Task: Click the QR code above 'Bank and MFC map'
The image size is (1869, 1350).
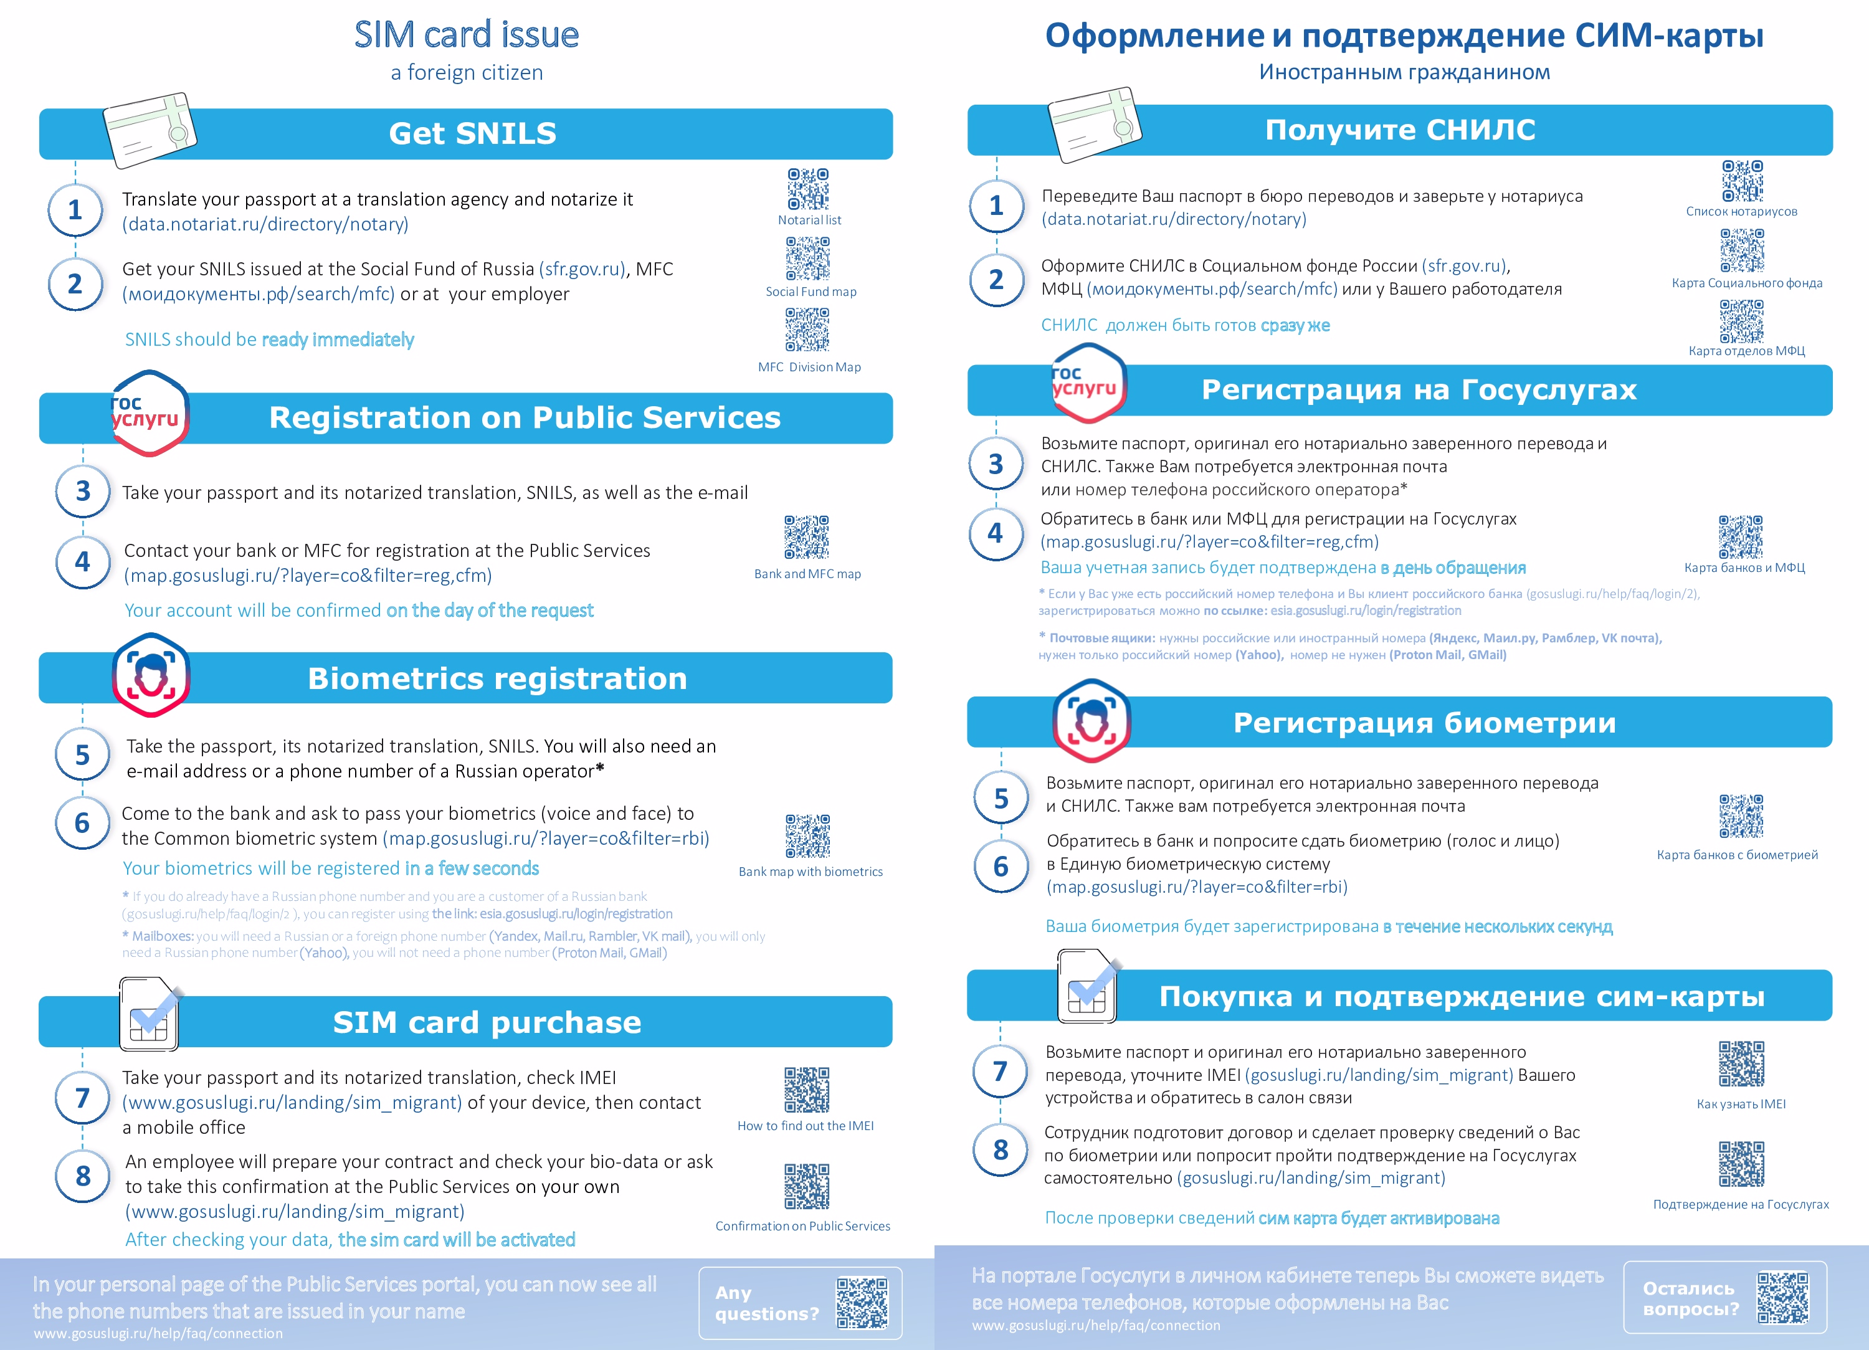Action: pyautogui.click(x=807, y=538)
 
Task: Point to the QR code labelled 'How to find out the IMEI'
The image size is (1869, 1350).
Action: pyautogui.click(x=807, y=1090)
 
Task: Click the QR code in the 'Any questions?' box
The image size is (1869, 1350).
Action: pyautogui.click(x=862, y=1303)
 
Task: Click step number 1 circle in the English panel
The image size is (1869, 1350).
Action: pyautogui.click(x=75, y=210)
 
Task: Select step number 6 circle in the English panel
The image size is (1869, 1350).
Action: pyautogui.click(x=82, y=822)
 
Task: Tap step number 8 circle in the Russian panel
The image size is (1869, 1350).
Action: pyautogui.click(x=1001, y=1150)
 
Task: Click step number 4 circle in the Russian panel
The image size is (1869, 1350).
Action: pyautogui.click(x=996, y=533)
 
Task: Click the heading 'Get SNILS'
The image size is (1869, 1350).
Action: pyautogui.click(x=472, y=133)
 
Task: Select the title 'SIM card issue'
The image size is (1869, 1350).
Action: pyautogui.click(x=467, y=35)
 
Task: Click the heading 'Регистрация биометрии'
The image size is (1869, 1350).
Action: pyautogui.click(x=1424, y=723)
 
